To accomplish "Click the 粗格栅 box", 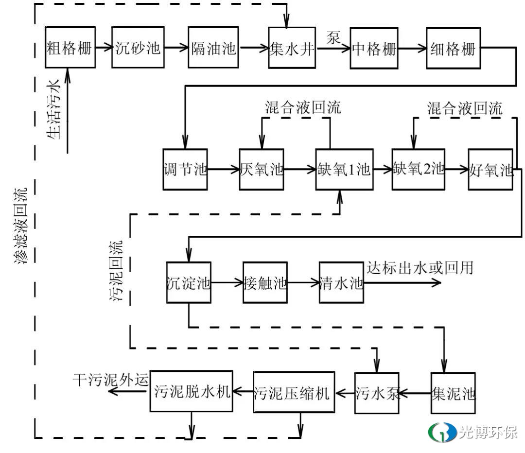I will (69, 48).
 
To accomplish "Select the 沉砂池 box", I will (138, 48).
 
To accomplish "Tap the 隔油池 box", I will (213, 48).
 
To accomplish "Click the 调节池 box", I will (185, 169).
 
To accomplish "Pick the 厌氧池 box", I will (262, 169).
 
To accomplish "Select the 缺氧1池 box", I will (344, 169).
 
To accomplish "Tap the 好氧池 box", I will (491, 169).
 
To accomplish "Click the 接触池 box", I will (265, 282).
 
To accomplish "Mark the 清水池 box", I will (341, 282).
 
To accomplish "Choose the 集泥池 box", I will (453, 392).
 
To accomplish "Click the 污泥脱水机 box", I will (191, 391).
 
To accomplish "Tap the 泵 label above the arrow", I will (333, 37).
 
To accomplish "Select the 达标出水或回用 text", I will (420, 267).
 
